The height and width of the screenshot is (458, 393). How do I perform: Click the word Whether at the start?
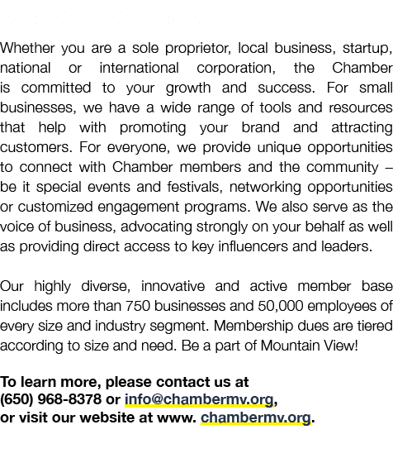point(27,48)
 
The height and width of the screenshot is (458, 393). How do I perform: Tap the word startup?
point(367,49)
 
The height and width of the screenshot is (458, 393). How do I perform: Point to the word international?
point(140,68)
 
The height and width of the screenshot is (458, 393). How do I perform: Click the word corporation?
point(236,69)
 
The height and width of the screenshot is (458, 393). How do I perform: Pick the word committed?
point(56,88)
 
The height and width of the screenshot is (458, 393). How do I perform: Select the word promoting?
point(153,128)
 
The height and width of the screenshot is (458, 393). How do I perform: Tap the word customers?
point(36,147)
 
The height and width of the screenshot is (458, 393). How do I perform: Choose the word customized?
point(55,207)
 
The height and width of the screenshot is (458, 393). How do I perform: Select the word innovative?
point(173,286)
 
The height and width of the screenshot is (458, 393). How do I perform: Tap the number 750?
point(138,306)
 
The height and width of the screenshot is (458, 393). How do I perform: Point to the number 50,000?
point(281,306)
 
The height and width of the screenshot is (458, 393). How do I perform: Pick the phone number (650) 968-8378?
point(50,399)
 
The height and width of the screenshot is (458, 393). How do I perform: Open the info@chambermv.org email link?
point(199,400)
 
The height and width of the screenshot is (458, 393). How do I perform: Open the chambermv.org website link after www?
point(256,418)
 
